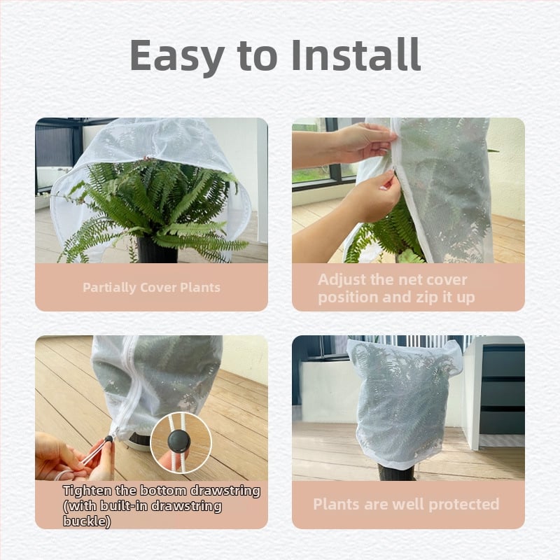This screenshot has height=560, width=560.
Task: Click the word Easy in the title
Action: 177,57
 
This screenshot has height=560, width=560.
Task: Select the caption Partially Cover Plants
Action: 151,288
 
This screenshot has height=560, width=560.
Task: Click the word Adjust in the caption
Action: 342,280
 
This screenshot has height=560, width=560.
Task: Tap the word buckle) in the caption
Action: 87,521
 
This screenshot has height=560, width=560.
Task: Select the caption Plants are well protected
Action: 406,504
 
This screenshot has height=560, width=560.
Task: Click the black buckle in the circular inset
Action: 179,441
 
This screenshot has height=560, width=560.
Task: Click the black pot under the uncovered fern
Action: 157,250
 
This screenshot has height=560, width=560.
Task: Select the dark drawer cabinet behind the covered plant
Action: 502,389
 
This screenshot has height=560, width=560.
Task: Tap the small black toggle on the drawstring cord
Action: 108,439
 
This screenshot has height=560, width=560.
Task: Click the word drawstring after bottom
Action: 225,491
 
